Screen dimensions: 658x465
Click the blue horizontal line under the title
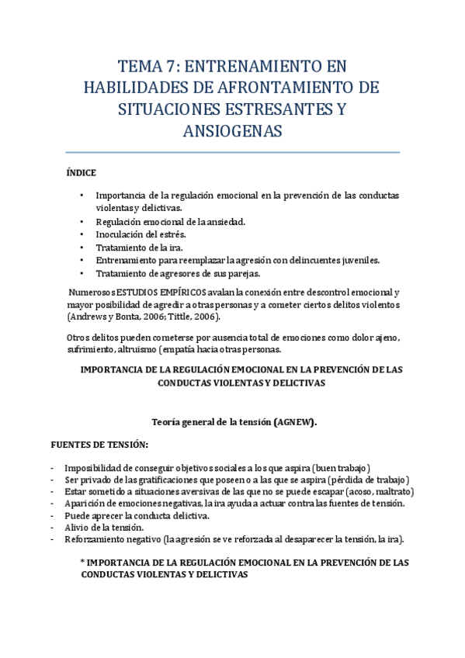(x=232, y=152)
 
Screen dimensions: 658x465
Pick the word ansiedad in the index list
(x=224, y=222)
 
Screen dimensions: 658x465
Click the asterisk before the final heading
(x=82, y=563)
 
